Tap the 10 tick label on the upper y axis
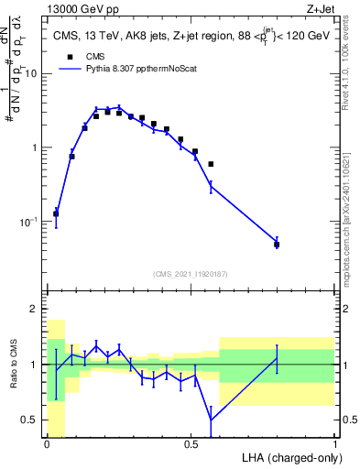coord(31,73)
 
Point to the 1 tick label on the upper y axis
coord(35,147)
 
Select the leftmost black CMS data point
coord(56,213)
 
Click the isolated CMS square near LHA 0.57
coord(212,164)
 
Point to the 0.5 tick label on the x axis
coord(191,444)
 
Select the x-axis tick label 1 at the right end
coord(334,444)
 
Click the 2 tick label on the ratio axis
coord(35,309)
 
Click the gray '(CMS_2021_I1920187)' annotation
coord(191,274)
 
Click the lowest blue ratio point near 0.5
coord(212,420)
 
